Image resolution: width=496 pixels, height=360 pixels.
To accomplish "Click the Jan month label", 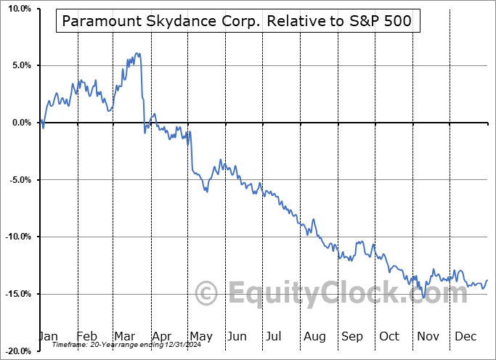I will (48, 336).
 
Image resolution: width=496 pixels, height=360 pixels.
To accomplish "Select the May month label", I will (200, 336).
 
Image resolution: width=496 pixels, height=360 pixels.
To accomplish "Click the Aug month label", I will (315, 336).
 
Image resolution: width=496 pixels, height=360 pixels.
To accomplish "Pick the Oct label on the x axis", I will (390, 336).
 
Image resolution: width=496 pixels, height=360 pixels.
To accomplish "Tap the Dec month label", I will (465, 336).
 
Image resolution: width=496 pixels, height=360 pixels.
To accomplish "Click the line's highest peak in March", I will (137, 53).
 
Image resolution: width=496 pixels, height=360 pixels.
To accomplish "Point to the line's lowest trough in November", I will (423, 297).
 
